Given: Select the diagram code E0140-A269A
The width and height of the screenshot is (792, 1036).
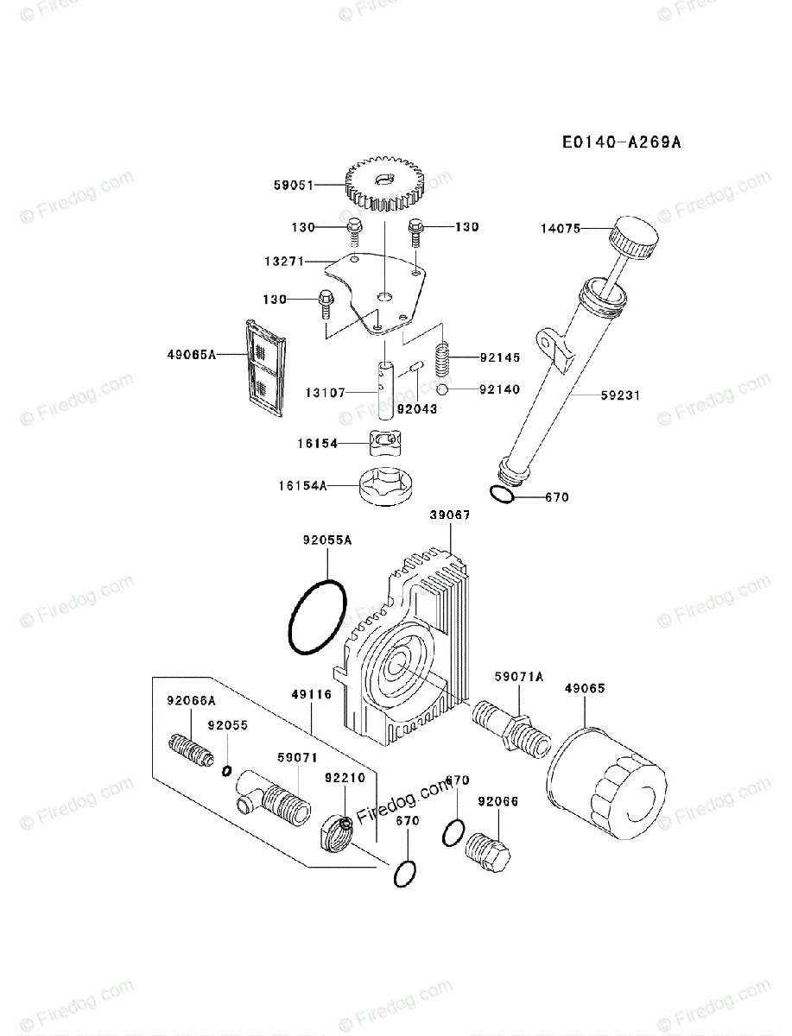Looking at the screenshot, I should tap(620, 142).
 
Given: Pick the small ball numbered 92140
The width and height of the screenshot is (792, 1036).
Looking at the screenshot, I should tap(441, 390).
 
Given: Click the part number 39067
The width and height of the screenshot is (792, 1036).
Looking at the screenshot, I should tap(449, 515).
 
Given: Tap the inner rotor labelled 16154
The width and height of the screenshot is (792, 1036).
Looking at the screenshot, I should tap(384, 443).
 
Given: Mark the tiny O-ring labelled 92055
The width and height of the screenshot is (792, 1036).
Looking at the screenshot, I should tap(227, 770).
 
